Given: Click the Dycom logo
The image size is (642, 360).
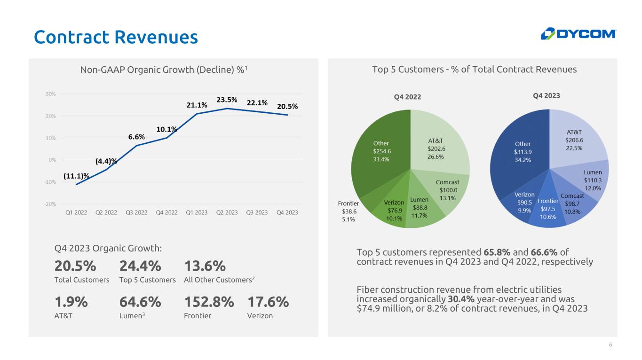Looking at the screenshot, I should click(578, 34).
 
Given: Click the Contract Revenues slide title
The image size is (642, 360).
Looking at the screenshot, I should click(116, 37).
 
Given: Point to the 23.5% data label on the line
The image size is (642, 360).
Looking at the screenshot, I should click(227, 100).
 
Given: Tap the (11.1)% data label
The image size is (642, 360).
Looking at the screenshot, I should click(76, 176).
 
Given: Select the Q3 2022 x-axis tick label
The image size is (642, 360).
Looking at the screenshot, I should click(136, 212).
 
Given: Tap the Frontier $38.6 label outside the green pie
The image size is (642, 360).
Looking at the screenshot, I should click(349, 211).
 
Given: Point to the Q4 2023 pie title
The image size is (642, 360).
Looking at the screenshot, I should click(546, 96).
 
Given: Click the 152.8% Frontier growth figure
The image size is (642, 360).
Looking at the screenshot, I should click(209, 303).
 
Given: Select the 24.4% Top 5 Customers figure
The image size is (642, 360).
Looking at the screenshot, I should click(141, 266).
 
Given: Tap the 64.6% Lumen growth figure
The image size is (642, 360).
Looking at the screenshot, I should click(141, 303).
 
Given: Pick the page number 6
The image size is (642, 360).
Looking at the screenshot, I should click(610, 345).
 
